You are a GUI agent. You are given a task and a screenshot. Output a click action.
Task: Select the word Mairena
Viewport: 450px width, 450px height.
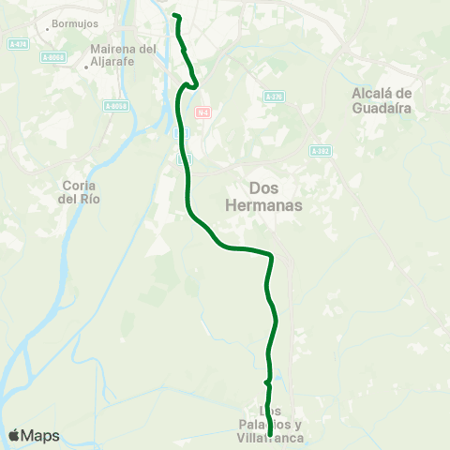112,49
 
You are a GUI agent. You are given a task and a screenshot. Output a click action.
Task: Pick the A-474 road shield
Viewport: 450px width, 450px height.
16,44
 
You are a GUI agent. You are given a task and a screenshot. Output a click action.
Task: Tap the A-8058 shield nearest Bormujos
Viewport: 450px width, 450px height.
56,57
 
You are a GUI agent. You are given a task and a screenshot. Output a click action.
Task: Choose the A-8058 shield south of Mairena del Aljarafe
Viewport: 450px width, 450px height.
117,106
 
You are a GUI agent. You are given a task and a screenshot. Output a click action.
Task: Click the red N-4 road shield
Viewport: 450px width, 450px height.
202,112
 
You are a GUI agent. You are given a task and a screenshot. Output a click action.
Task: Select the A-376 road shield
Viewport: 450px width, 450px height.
273,97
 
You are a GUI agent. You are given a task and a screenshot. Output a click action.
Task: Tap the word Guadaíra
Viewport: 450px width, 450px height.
381,107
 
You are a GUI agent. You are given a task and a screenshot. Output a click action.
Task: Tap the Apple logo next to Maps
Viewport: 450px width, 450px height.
15,435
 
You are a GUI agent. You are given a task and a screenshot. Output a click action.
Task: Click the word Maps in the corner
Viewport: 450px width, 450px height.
41,435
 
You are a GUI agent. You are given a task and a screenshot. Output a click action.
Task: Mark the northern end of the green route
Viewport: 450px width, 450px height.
175,16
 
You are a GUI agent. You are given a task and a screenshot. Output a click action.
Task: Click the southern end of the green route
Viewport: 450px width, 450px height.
270,435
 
